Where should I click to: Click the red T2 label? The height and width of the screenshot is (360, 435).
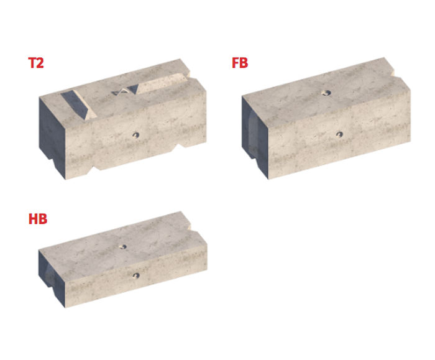click(x=36, y=63)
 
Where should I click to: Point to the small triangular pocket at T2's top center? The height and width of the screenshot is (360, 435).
click(x=125, y=92)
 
